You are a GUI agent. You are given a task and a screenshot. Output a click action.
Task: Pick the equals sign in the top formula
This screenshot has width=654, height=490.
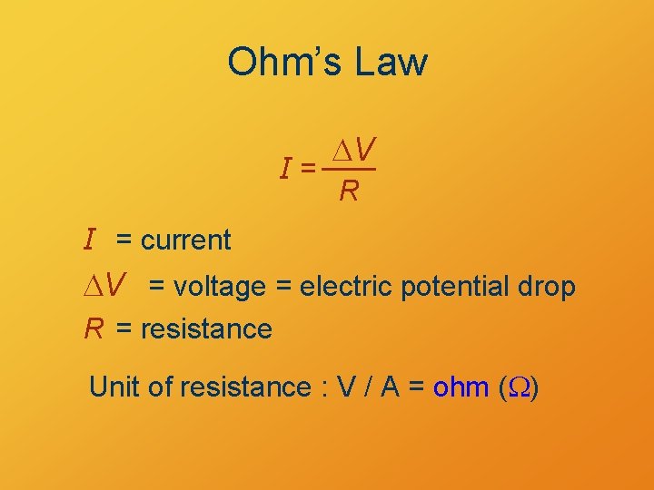pyautogui.click(x=309, y=168)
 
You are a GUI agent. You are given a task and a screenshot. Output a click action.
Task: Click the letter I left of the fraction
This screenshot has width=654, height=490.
pyautogui.click(x=286, y=169)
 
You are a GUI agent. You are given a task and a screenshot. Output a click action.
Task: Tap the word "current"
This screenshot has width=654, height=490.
pyautogui.click(x=186, y=240)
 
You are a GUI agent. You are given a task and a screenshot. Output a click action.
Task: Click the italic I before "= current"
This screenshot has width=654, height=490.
pyautogui.click(x=90, y=240)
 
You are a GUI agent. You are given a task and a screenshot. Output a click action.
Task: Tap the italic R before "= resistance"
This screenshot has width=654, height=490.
pyautogui.click(x=94, y=328)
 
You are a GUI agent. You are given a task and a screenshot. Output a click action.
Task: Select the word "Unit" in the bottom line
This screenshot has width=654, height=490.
pyautogui.click(x=114, y=387)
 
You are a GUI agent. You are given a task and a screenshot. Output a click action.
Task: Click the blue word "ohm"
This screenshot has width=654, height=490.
pyautogui.click(x=462, y=387)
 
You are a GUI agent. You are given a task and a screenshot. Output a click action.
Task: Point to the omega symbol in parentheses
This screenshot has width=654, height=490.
pyautogui.click(x=522, y=388)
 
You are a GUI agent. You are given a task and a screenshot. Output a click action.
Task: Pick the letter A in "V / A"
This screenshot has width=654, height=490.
pyautogui.click(x=391, y=387)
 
